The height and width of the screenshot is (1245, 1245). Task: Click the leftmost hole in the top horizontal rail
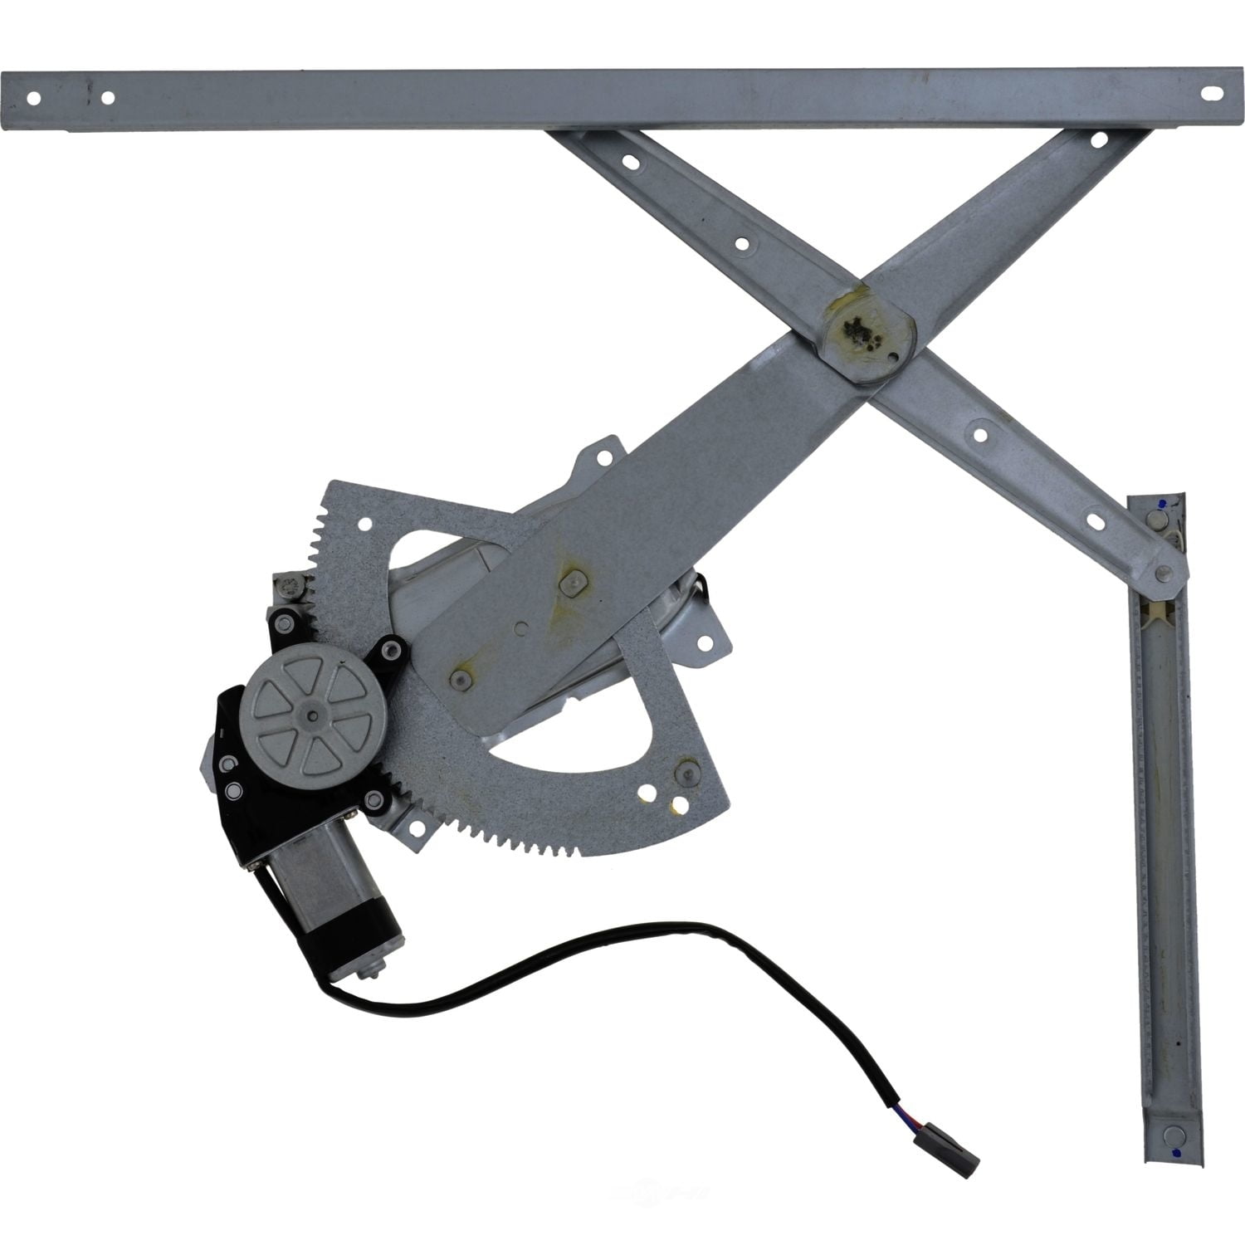click(x=34, y=98)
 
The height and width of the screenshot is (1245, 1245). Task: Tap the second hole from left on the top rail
click(x=107, y=98)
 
